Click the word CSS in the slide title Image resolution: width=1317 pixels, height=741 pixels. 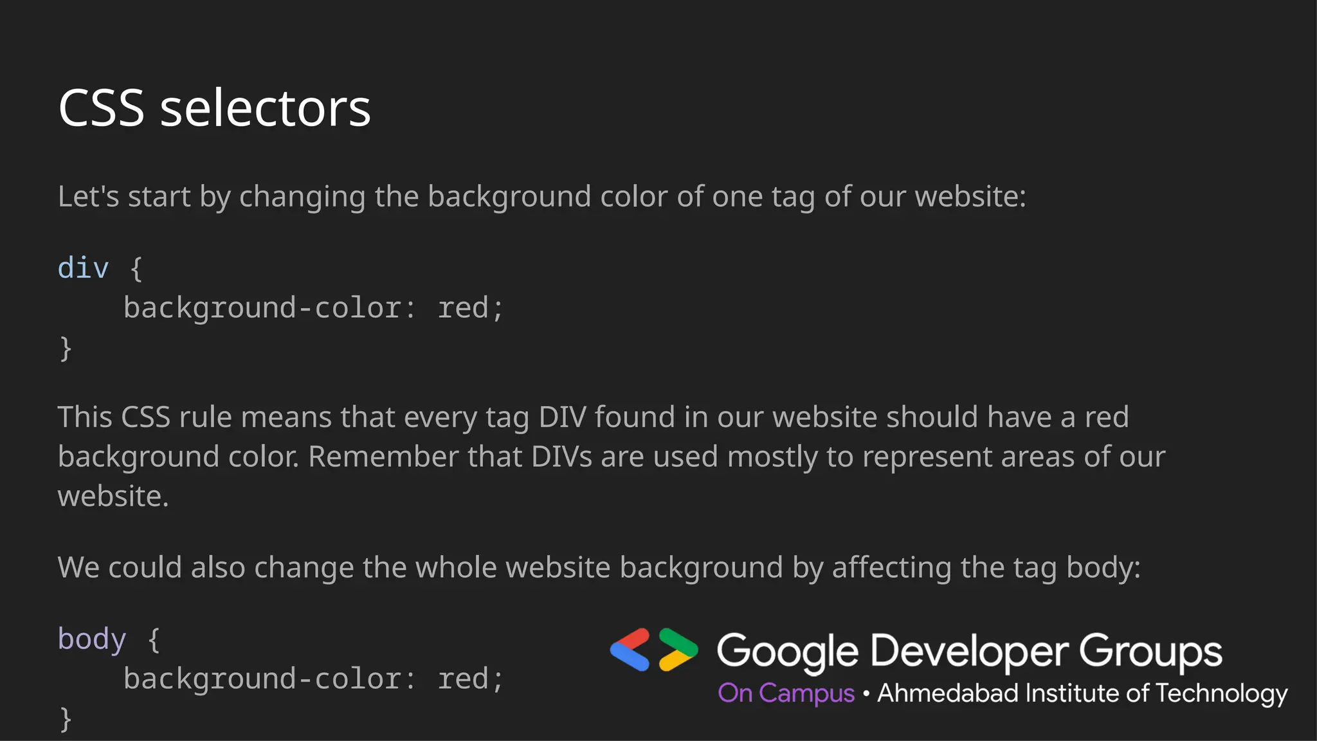click(x=101, y=108)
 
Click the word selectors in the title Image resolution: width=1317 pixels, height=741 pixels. click(x=265, y=108)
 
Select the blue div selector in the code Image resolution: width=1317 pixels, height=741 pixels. click(x=83, y=268)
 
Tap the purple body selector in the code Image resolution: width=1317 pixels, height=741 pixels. click(x=91, y=639)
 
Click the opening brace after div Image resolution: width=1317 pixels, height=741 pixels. click(x=136, y=268)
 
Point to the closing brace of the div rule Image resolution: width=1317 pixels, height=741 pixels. click(x=65, y=348)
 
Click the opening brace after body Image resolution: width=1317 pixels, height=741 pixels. click(x=154, y=639)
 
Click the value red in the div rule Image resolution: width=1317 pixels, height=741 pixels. click(x=463, y=307)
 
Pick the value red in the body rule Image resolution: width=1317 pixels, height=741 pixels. click(x=463, y=679)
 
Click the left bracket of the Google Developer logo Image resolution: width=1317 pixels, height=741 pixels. click(x=630, y=650)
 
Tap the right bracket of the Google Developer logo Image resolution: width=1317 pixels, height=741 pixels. click(x=678, y=650)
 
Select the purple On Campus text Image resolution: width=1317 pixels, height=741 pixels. click(x=786, y=693)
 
